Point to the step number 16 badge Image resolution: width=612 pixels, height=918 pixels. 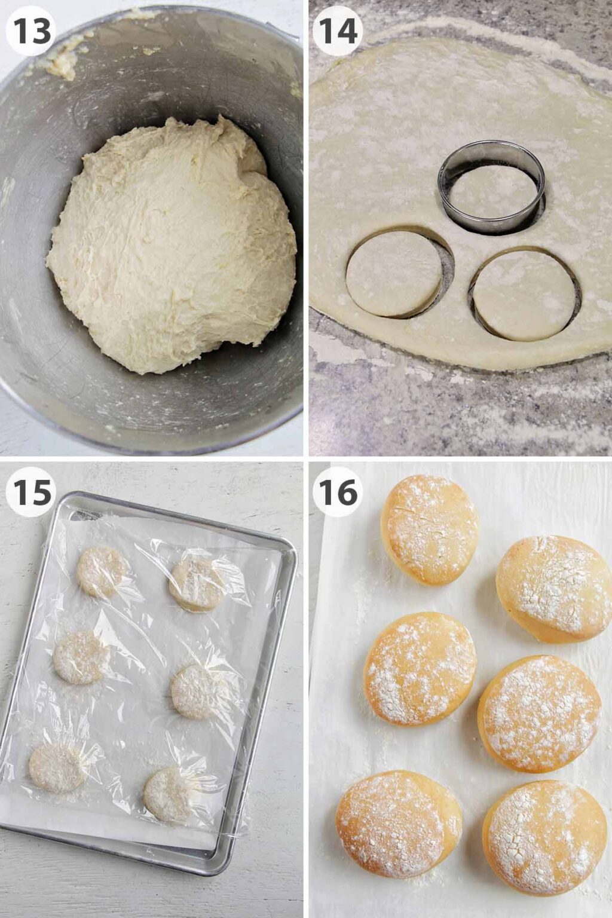click(x=338, y=492)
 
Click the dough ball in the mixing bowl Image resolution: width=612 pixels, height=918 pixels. click(x=172, y=245)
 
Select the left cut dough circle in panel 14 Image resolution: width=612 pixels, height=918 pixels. click(x=394, y=274)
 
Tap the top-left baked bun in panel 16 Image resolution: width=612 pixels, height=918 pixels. click(x=430, y=530)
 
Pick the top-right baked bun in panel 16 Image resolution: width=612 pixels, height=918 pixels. click(x=553, y=589)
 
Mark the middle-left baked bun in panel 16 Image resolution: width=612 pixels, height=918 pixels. click(x=420, y=668)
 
